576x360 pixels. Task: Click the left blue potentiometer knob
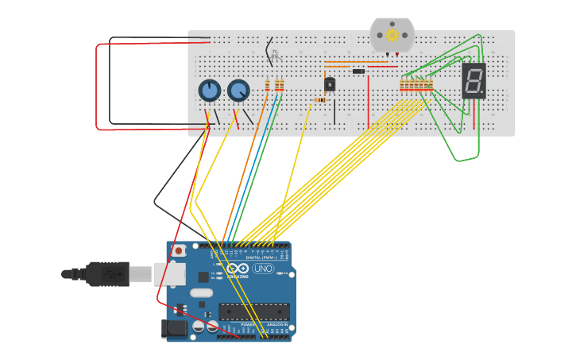[209, 91]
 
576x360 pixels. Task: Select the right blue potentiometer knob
[238, 91]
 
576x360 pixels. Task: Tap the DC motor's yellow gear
[392, 35]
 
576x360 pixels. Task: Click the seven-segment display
[474, 80]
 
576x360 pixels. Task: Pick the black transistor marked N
[330, 83]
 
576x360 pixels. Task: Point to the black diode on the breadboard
[358, 72]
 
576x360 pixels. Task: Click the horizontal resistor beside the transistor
[320, 100]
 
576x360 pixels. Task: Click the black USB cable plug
[107, 273]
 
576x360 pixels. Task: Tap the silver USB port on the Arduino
[169, 273]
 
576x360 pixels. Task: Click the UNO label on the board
[263, 269]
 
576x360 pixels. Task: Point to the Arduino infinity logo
[238, 269]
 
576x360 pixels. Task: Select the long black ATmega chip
[253, 312]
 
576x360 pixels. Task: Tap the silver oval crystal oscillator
[202, 292]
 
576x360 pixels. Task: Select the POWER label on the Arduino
[248, 325]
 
